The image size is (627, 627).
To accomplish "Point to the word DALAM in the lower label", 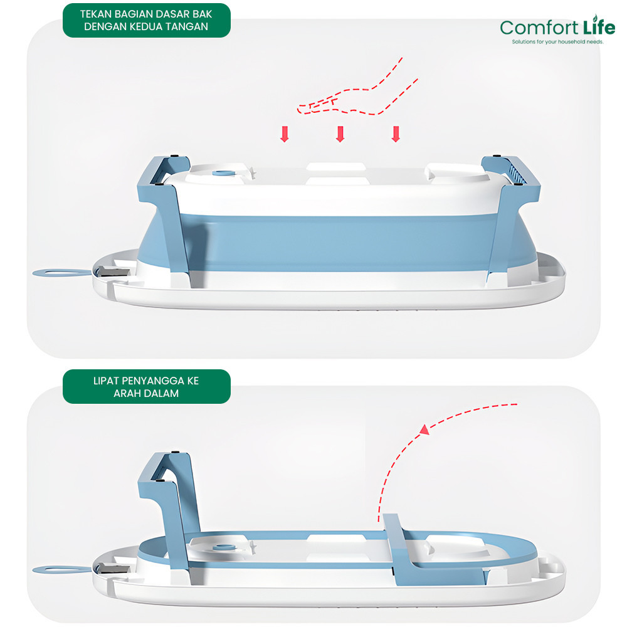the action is pos(161,394).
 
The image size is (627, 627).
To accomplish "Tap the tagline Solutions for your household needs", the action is pos(557,41).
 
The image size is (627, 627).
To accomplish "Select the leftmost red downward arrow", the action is pos(284,134).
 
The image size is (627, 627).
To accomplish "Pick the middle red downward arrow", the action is pos(340,134).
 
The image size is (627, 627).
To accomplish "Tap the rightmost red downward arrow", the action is pos(395,134).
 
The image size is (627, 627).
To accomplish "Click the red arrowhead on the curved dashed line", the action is pos(426,429).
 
